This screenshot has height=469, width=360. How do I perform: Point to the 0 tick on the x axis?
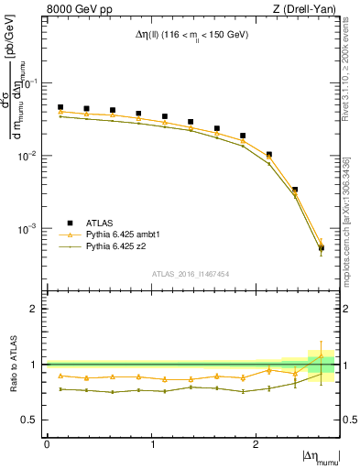(47, 443)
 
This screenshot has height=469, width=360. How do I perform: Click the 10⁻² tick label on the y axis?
(30, 156)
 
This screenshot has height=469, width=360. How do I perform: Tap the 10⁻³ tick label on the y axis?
(30, 228)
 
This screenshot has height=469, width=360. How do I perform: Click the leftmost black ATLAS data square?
(60, 107)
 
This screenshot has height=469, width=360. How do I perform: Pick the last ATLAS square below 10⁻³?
(321, 247)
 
